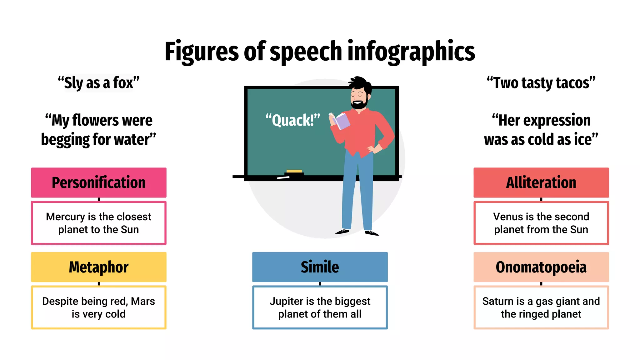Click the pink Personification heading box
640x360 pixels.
(x=98, y=182)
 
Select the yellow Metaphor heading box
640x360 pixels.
(x=98, y=267)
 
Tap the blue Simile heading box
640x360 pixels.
(x=320, y=267)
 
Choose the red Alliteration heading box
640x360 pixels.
(x=541, y=182)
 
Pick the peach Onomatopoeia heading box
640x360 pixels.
(x=541, y=267)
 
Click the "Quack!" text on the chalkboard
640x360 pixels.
(x=293, y=120)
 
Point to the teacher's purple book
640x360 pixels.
(x=342, y=122)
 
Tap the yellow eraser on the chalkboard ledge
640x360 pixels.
(x=294, y=171)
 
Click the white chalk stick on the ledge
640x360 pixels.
(x=283, y=178)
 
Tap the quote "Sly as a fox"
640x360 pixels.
(x=98, y=83)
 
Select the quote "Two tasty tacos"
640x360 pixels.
(x=541, y=83)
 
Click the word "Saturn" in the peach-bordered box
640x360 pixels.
(x=498, y=301)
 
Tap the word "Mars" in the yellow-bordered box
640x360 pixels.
(x=143, y=301)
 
